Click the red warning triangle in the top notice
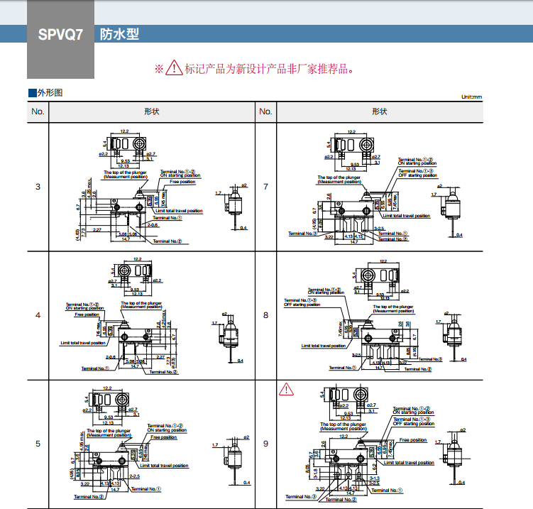tap(174, 68)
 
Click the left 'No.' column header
tap(38, 111)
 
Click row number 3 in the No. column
tap(38, 187)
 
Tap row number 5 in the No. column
tap(38, 444)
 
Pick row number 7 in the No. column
tap(265, 187)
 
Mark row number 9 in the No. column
tap(265, 444)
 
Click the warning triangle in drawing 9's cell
tap(285, 389)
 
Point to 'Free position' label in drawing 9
tap(413, 440)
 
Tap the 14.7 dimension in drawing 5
tap(115, 490)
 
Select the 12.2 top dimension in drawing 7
tap(351, 132)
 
